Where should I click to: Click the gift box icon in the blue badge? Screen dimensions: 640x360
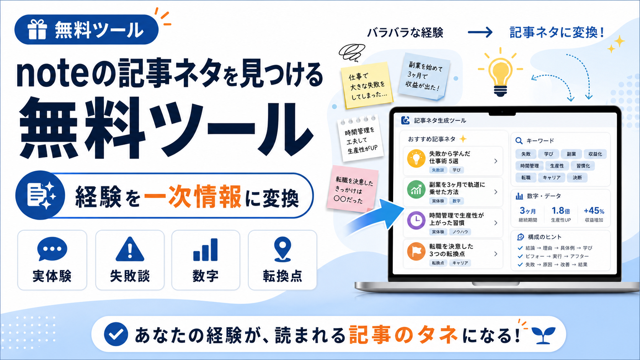pyautogui.click(x=37, y=29)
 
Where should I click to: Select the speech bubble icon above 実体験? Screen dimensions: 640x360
pyautogui.click(x=52, y=248)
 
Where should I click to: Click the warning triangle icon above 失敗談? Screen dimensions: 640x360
pyautogui.click(x=130, y=249)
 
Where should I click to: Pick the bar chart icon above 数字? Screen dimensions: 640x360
pyautogui.click(x=206, y=249)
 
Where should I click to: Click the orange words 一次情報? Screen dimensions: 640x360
pyautogui.click(x=193, y=197)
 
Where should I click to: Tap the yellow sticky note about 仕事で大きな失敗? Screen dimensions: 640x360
pyautogui.click(x=367, y=85)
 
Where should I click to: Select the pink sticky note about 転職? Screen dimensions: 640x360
pyautogui.click(x=353, y=189)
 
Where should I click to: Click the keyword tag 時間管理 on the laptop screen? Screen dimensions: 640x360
pyautogui.click(x=529, y=166)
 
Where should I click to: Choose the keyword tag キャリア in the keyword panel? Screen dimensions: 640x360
pyautogui.click(x=552, y=178)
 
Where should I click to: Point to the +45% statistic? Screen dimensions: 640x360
pyautogui.click(x=594, y=211)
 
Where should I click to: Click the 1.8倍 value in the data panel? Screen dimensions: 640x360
pyautogui.click(x=560, y=211)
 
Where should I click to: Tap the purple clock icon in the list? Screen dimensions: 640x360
pyautogui.click(x=416, y=220)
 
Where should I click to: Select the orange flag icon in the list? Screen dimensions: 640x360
pyautogui.click(x=416, y=251)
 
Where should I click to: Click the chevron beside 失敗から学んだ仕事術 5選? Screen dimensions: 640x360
pyautogui.click(x=496, y=161)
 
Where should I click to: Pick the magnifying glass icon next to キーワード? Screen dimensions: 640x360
pyautogui.click(x=519, y=141)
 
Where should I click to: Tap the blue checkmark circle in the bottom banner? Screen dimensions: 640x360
pyautogui.click(x=116, y=334)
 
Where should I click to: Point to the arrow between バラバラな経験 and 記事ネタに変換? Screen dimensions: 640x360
pyautogui.click(x=480, y=32)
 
